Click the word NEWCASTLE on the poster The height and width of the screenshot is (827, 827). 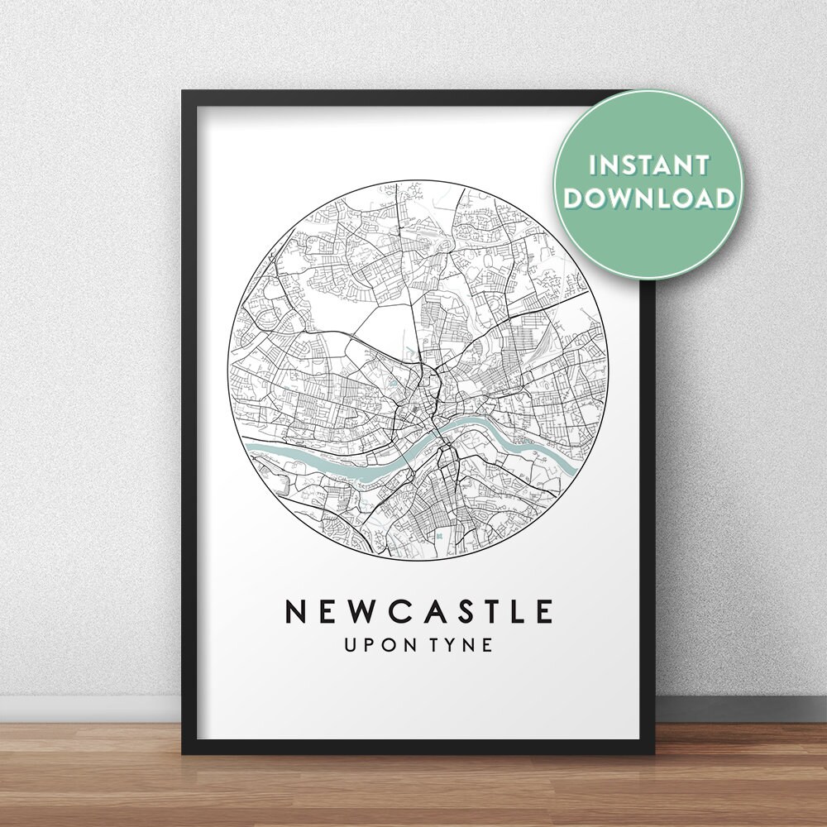pos(418,611)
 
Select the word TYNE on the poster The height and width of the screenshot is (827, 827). pos(464,644)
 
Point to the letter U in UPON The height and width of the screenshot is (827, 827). pos(352,644)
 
